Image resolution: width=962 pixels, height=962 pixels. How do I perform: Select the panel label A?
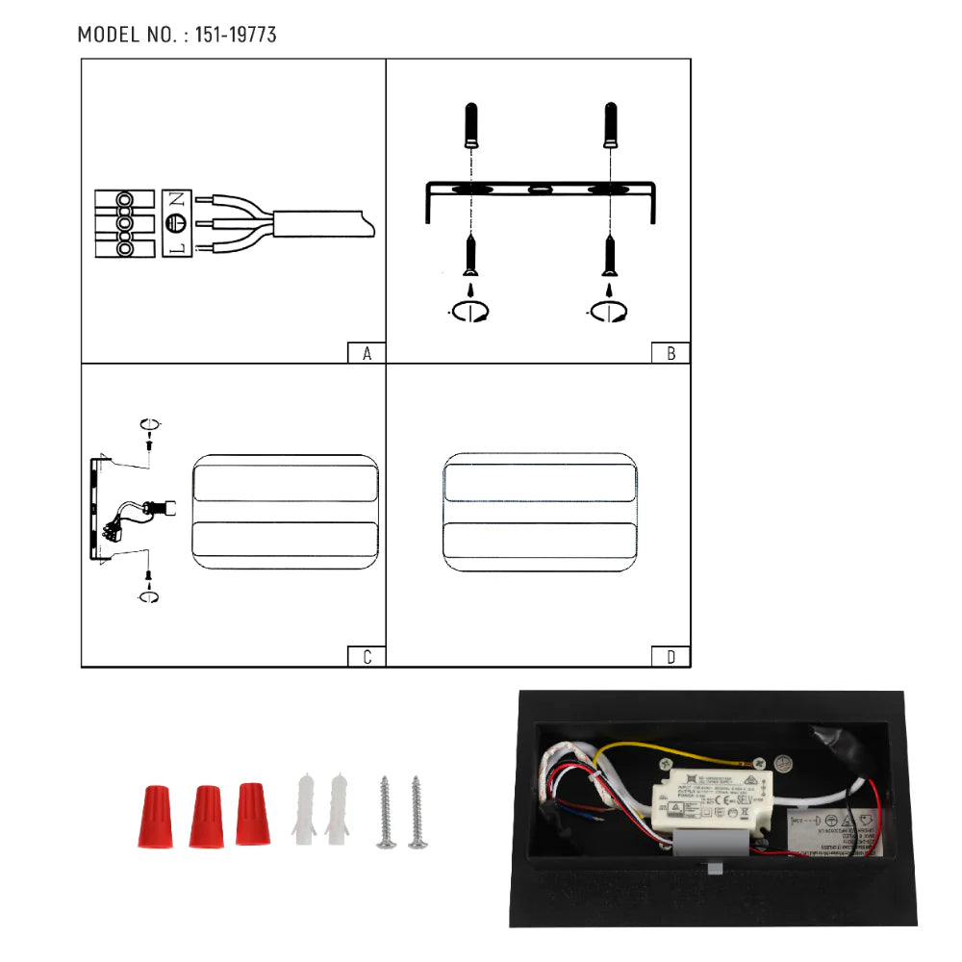(x=367, y=353)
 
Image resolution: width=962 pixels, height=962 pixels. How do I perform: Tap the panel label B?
(x=671, y=353)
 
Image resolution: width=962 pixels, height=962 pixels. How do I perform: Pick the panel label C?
(x=367, y=657)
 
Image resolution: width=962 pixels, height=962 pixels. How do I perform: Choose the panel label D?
(x=671, y=657)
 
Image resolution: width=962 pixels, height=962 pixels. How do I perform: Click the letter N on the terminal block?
(x=176, y=201)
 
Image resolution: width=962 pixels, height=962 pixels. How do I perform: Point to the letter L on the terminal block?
(x=176, y=248)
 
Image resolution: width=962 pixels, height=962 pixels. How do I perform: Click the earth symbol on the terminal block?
(x=176, y=224)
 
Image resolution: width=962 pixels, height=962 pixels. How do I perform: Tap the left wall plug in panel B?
(x=470, y=125)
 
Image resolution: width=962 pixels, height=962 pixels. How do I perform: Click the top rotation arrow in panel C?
(x=148, y=424)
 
